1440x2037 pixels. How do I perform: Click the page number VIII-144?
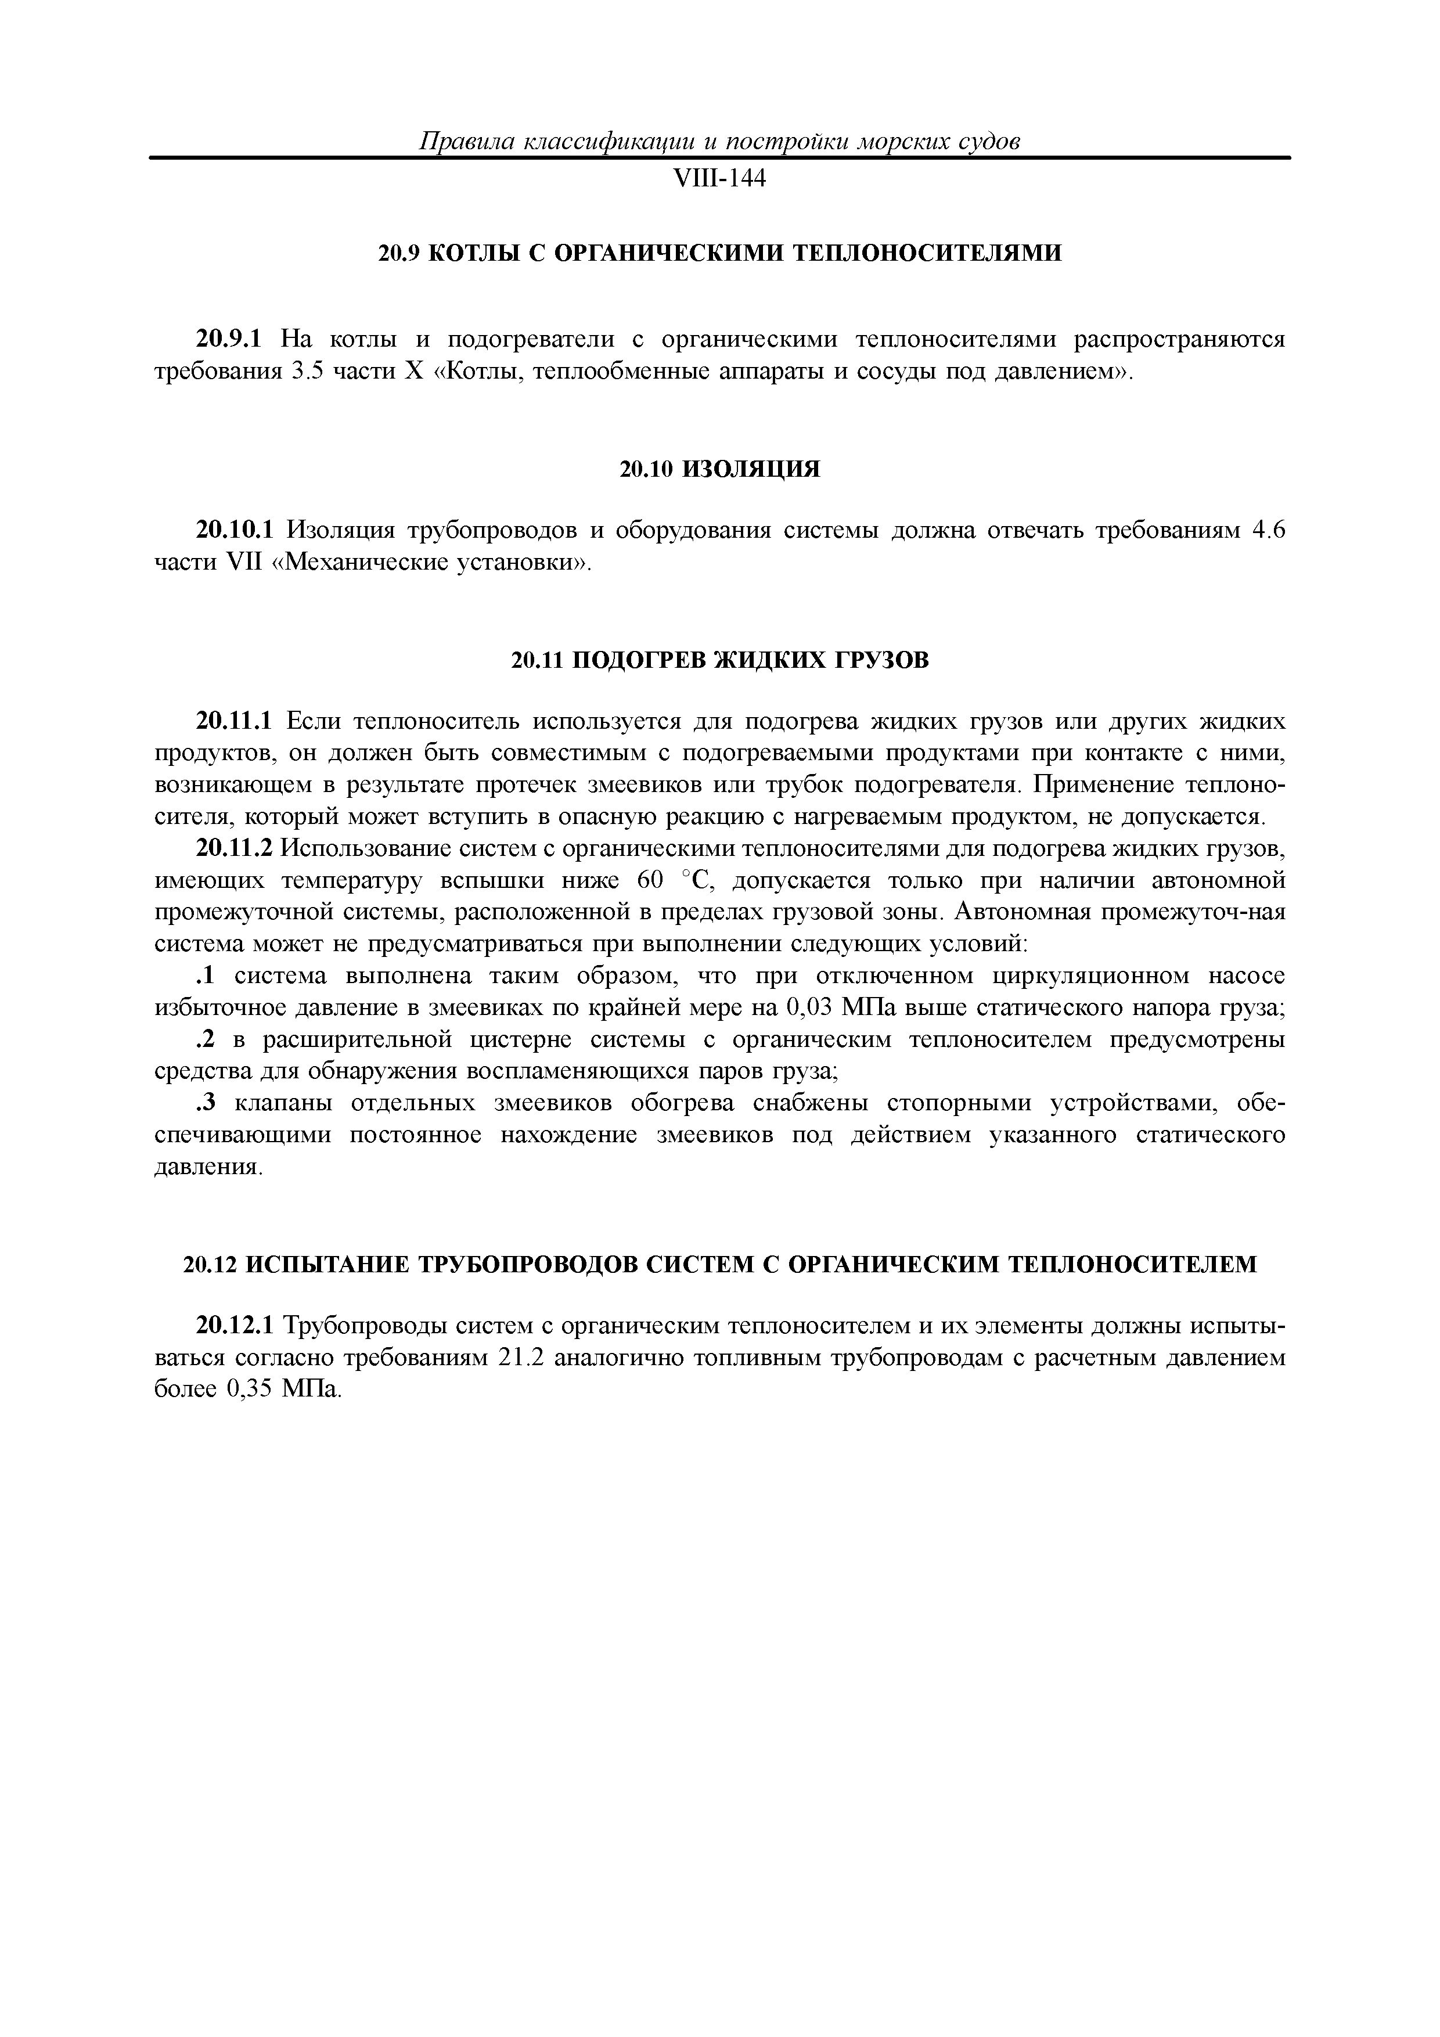tap(719, 180)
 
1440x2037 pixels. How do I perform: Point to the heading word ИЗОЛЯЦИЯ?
tap(751, 469)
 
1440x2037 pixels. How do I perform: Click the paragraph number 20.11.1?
tap(236, 721)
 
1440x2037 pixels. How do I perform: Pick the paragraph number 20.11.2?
tap(235, 849)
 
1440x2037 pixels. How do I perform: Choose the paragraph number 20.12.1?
tap(235, 1326)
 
